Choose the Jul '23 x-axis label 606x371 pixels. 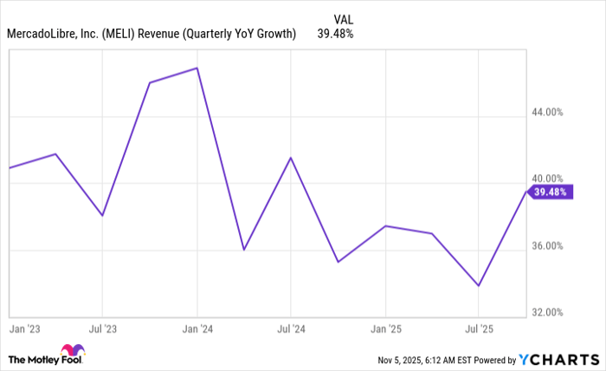(102, 329)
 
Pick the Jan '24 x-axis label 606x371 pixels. (197, 329)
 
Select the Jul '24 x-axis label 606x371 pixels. (291, 329)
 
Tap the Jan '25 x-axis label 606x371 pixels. (385, 329)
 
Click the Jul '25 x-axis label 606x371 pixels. (479, 329)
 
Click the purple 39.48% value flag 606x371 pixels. (550, 192)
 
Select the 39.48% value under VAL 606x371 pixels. (335, 34)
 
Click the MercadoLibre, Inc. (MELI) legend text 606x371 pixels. (151, 34)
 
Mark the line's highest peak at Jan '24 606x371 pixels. (197, 68)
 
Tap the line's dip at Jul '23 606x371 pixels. (102, 215)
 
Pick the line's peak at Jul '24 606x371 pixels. (291, 158)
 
